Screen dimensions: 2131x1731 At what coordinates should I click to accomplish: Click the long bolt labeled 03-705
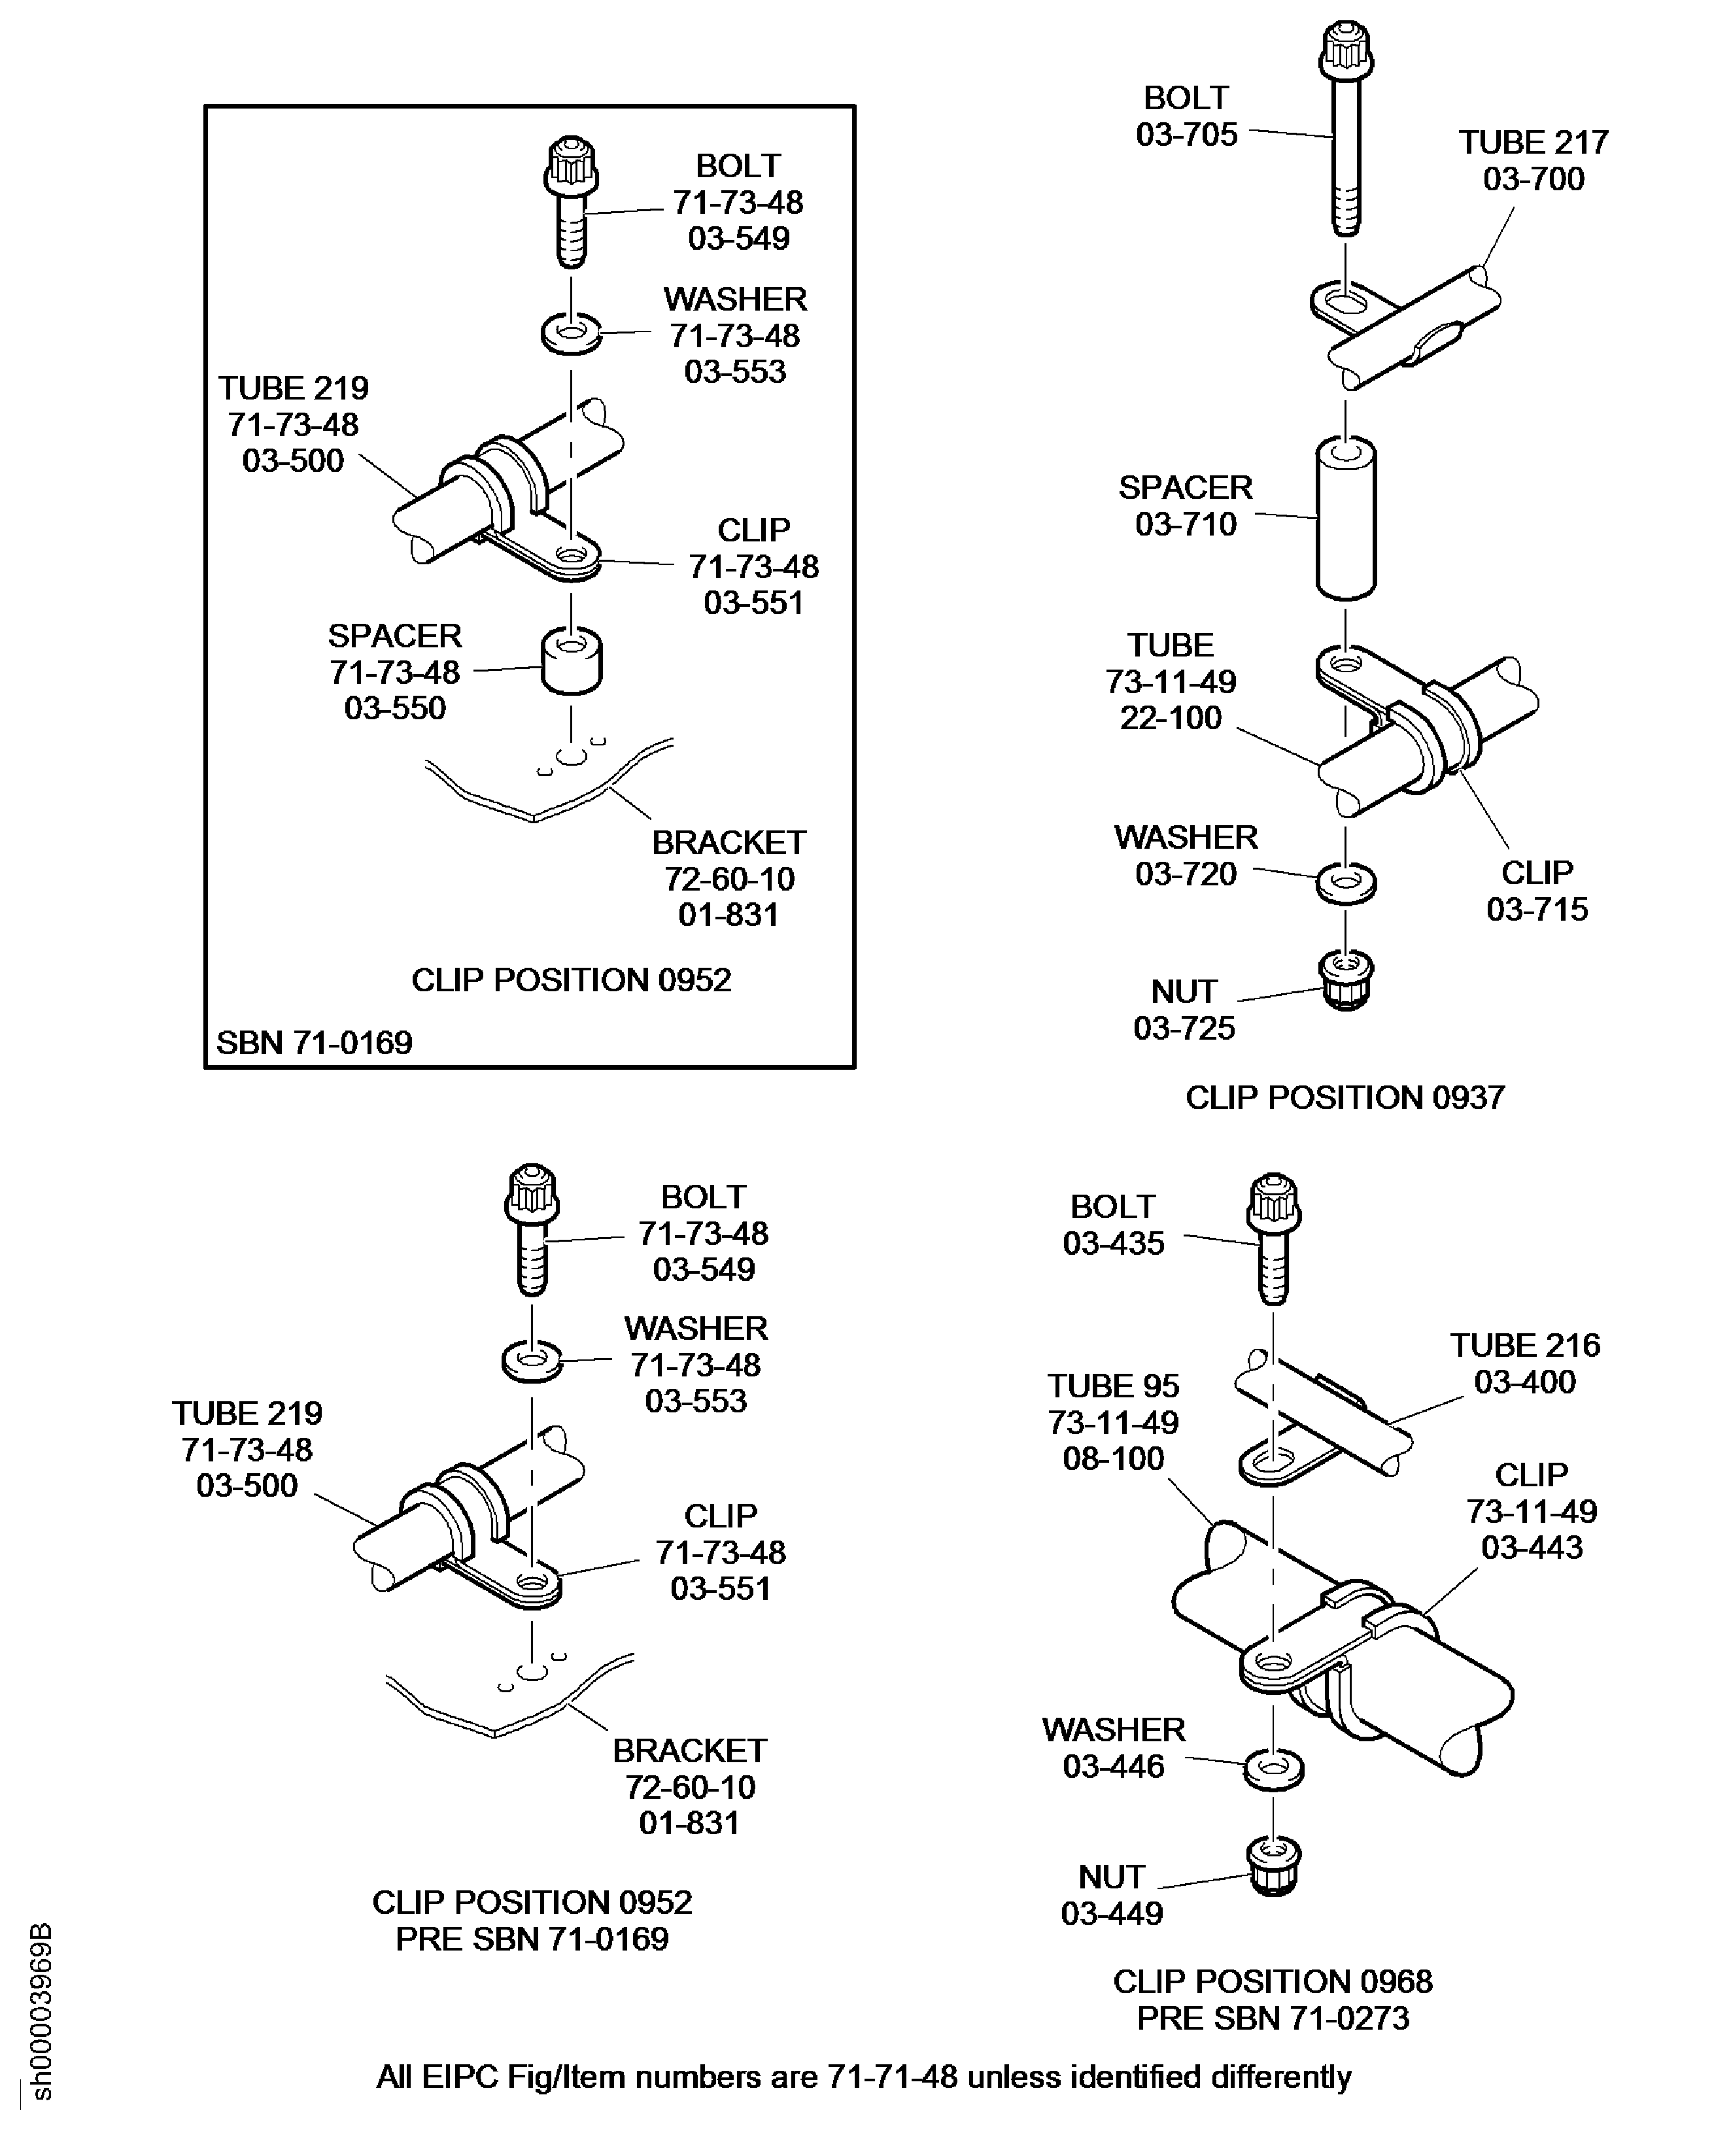tap(1346, 140)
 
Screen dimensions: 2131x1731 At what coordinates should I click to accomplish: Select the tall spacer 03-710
tap(1346, 519)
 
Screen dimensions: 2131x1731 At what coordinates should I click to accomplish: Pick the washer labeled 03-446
tap(1273, 1769)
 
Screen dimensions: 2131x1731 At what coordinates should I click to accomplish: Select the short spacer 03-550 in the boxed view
tap(572, 661)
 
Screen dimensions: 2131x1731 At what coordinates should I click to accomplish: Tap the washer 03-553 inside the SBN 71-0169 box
tap(572, 332)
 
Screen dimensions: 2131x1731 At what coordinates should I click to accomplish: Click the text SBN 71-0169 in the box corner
tap(314, 1043)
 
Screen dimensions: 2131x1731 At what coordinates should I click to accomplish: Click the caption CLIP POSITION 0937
tap(1344, 1097)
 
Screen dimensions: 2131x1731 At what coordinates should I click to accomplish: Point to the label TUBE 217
tap(1534, 143)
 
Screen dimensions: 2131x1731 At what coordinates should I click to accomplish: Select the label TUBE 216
tap(1524, 1345)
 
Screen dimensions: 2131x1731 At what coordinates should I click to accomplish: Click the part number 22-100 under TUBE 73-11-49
tap(1170, 718)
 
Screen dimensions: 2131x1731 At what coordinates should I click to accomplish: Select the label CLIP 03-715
tap(1537, 891)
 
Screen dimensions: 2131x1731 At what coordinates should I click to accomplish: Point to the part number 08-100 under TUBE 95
tap(1113, 1459)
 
